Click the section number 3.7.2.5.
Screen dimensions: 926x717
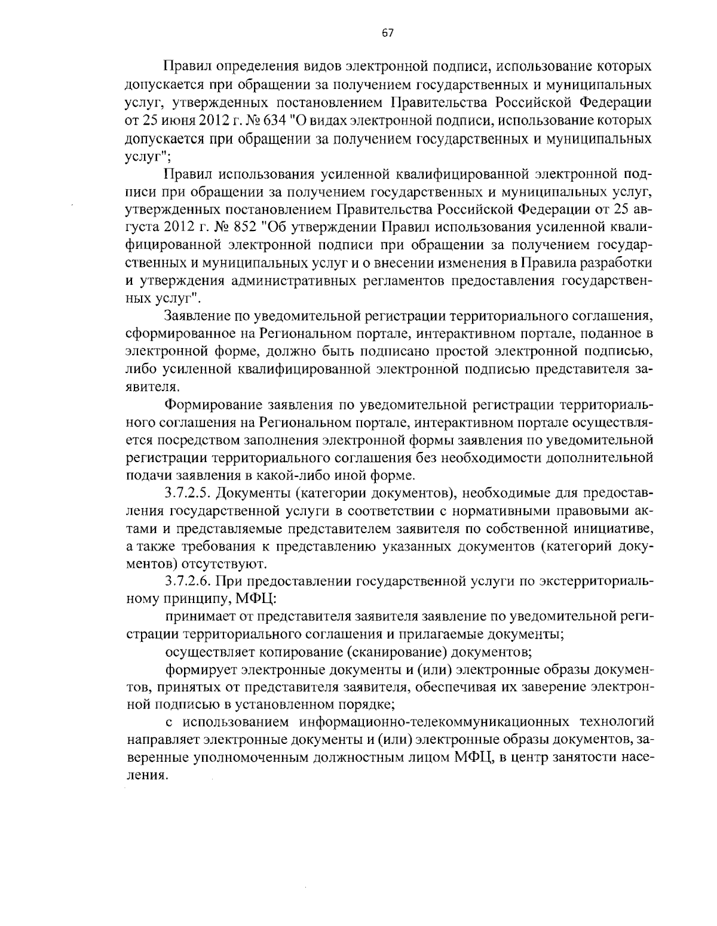click(187, 493)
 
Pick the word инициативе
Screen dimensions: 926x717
click(620, 528)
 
